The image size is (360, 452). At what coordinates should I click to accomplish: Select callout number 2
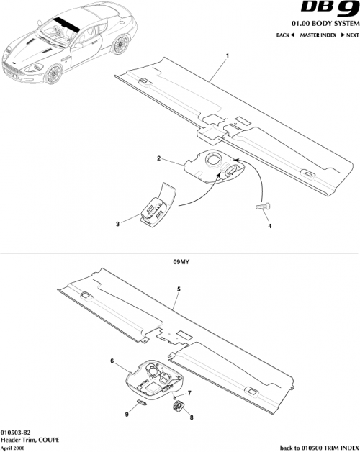click(158, 157)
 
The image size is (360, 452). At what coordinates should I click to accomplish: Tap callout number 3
click(117, 224)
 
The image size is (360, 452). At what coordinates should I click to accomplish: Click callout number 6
click(112, 360)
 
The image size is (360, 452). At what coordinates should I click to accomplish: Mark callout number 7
click(189, 392)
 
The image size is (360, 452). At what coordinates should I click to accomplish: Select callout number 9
click(127, 414)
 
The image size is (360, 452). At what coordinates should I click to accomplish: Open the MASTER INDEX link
click(318, 35)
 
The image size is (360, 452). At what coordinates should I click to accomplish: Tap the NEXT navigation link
click(348, 35)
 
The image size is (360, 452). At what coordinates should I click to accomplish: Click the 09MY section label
click(179, 263)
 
